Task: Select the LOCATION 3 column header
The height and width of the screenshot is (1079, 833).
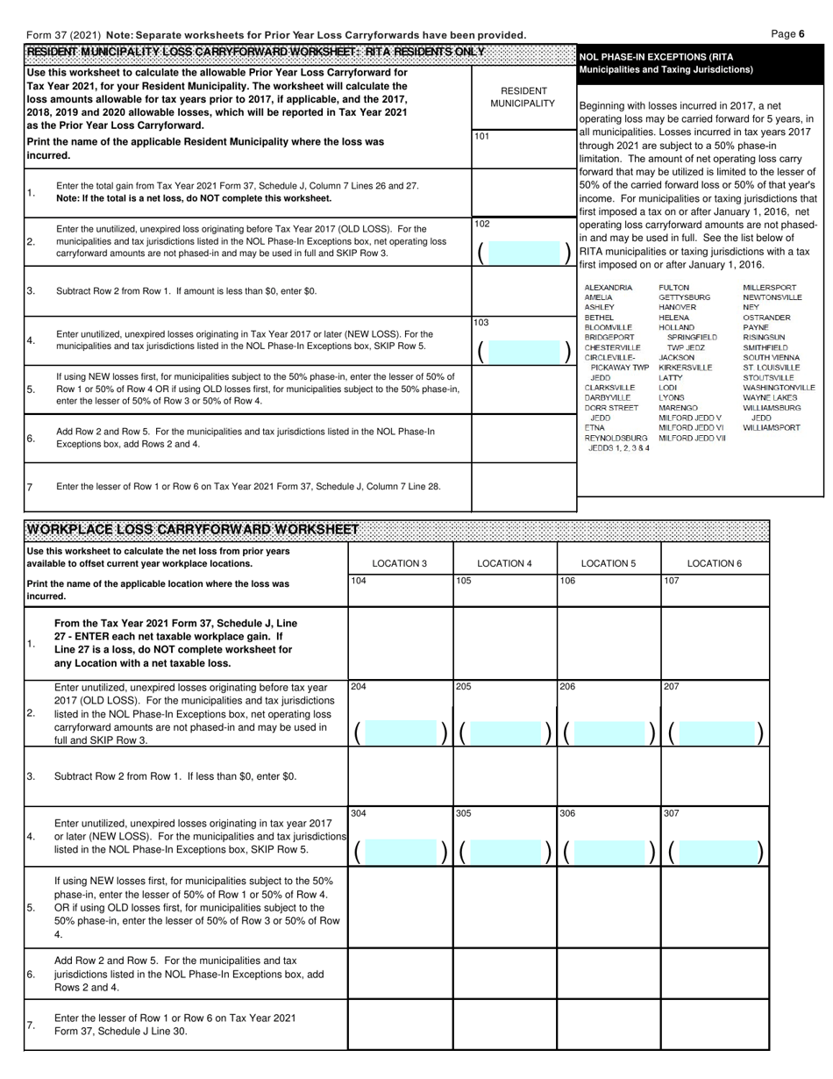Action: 399,563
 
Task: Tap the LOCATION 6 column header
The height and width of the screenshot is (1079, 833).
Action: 714,563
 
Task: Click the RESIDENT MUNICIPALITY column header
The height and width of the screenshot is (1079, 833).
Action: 523,97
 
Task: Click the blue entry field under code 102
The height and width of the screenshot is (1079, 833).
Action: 524,253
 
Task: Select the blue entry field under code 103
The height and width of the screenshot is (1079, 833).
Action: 524,352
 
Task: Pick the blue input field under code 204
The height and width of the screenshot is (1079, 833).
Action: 400,732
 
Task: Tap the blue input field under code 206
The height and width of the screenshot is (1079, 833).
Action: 609,732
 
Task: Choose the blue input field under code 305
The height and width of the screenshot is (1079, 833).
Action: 504,851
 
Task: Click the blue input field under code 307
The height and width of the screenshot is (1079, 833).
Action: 714,851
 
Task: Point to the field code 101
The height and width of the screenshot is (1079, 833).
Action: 482,137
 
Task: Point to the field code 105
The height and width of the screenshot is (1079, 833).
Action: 463,581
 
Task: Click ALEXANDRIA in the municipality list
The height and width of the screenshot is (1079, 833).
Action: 608,288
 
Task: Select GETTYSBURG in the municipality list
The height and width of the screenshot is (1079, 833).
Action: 684,298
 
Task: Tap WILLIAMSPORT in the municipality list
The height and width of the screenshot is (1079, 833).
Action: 771,428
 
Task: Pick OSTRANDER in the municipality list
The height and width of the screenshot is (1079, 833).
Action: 766,318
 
